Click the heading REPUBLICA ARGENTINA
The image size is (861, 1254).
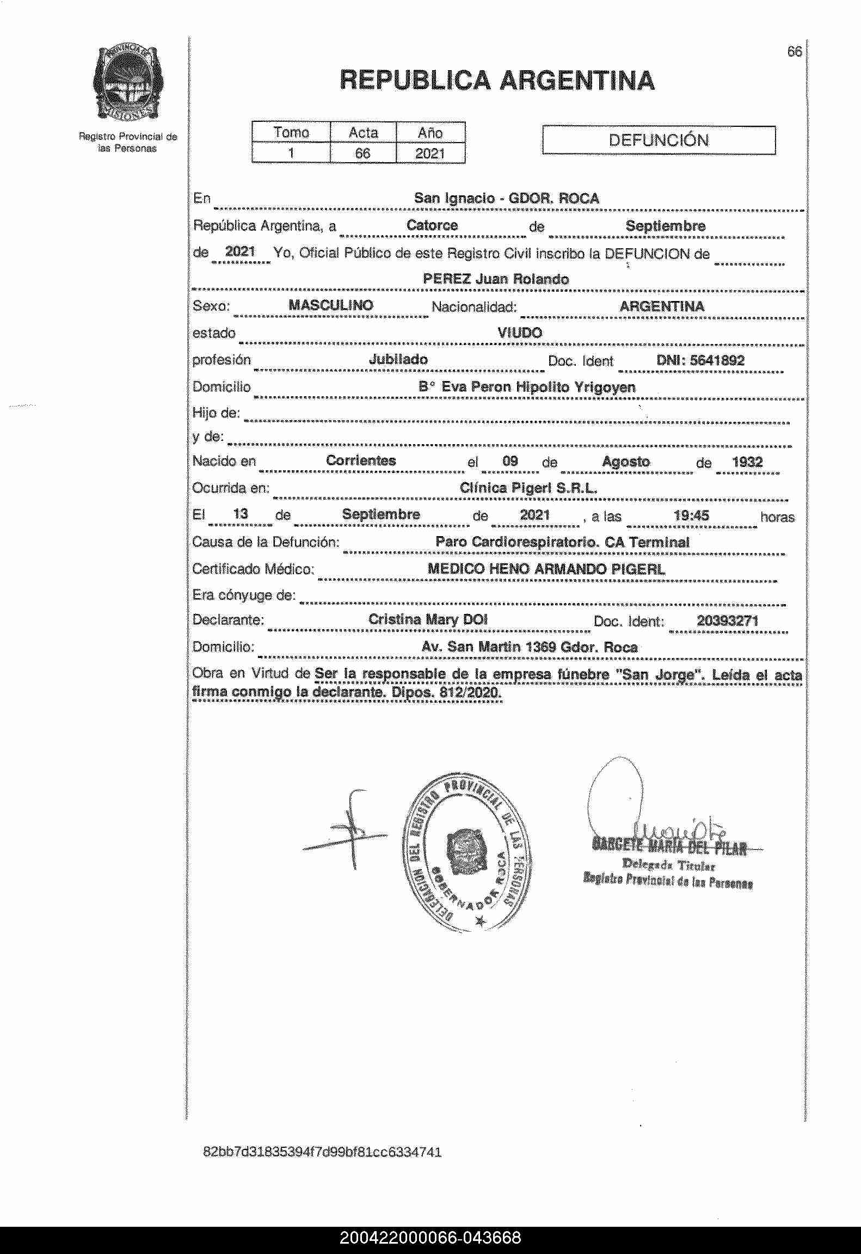pos(497,81)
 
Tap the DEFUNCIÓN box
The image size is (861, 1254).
pos(659,140)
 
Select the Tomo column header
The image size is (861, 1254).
pos(291,132)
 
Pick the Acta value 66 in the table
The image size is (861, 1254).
pos(362,153)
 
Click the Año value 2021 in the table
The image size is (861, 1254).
pos(430,153)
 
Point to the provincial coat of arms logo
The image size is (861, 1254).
pos(128,82)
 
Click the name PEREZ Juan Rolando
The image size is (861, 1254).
pos(496,279)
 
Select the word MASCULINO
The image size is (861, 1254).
pos(331,305)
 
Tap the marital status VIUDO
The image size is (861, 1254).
pos(520,333)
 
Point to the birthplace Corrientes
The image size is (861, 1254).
pos(361,460)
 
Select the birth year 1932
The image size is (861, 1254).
pos(747,462)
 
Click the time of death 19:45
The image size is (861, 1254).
pos(691,515)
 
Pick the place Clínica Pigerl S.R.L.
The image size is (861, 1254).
pos(528,488)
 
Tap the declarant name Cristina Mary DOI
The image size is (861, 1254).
pos(428,619)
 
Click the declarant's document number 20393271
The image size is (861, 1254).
pos(728,620)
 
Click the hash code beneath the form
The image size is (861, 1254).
pos(322,1152)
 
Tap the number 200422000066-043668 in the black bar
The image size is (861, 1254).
pos(430,1238)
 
